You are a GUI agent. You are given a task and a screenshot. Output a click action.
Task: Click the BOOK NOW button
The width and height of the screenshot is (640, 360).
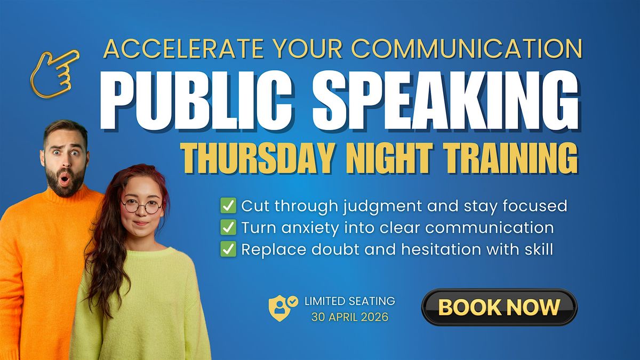tap(499, 307)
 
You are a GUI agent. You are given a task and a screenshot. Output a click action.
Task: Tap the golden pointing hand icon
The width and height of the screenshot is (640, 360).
tap(54, 75)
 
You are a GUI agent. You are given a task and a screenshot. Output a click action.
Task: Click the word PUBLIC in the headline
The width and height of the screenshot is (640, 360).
tap(197, 101)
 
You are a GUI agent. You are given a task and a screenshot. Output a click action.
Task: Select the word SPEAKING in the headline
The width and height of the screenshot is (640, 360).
tap(446, 101)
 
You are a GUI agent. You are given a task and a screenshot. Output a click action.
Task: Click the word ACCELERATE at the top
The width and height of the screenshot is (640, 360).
tap(183, 49)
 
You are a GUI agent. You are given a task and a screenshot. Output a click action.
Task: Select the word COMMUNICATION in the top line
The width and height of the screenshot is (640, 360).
tap(467, 49)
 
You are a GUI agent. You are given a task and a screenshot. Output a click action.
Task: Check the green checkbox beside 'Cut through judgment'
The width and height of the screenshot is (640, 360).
tap(228, 205)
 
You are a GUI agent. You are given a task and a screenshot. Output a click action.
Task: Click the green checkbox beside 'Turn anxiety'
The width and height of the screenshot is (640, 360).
tap(228, 227)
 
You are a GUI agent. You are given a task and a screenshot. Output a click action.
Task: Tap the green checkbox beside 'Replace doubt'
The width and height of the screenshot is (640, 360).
tap(228, 249)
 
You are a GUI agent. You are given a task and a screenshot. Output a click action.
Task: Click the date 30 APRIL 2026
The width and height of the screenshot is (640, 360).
tap(350, 317)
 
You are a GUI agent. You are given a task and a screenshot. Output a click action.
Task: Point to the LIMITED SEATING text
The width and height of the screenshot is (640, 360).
tap(350, 301)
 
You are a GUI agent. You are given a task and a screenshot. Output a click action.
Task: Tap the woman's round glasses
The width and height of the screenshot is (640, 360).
tap(141, 206)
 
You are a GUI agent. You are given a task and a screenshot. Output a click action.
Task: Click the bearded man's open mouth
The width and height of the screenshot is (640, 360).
tap(65, 179)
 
